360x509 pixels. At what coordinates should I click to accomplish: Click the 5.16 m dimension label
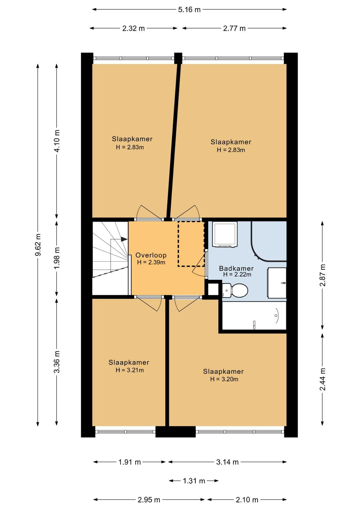(x=189, y=10)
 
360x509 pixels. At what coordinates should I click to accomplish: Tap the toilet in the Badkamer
(x=235, y=290)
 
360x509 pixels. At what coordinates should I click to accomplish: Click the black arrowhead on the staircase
(x=124, y=239)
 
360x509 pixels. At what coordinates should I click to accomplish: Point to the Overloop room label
(x=151, y=255)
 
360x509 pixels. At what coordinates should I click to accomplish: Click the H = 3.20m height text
(x=224, y=379)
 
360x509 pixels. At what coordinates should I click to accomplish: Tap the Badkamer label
(x=236, y=268)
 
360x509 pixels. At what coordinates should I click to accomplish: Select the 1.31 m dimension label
(x=194, y=481)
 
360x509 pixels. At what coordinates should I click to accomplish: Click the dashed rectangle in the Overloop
(x=191, y=244)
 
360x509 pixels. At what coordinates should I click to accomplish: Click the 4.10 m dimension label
(x=57, y=141)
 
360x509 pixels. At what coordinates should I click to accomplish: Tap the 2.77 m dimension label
(x=234, y=28)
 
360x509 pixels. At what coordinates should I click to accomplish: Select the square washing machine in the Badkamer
(x=225, y=234)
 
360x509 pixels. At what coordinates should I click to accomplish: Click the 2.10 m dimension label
(x=247, y=500)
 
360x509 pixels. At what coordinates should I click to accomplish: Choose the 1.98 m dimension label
(x=57, y=258)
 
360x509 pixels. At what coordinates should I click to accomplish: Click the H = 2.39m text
(x=151, y=262)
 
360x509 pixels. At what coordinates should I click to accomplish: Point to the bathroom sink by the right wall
(x=277, y=283)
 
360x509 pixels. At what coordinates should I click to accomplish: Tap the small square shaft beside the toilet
(x=213, y=289)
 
